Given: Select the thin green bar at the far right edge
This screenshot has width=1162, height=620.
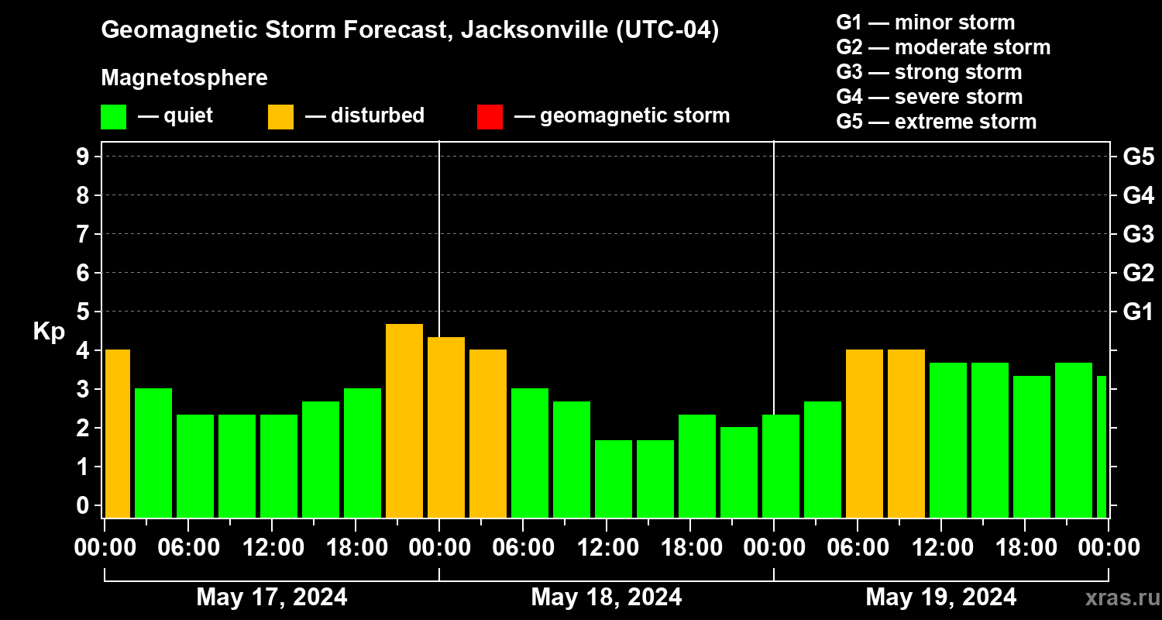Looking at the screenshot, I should coord(1101,446).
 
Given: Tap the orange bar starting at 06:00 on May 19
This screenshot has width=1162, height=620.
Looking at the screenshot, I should coord(865,433).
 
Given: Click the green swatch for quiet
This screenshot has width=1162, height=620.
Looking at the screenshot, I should coord(113,117).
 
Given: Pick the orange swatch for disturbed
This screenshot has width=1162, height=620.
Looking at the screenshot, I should coord(280,117).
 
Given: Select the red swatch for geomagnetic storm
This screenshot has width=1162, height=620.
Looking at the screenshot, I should coord(490,117).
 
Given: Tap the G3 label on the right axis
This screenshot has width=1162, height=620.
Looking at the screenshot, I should coord(1138,234).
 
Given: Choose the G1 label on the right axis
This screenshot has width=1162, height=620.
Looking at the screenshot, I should coord(1138,312).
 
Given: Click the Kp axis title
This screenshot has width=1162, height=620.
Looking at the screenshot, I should coord(49,331).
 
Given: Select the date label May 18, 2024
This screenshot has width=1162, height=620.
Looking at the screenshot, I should coord(607,598).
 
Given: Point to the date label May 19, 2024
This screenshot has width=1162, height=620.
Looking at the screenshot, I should coord(941,598).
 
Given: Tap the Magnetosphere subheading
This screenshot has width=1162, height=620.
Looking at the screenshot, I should coord(184,78).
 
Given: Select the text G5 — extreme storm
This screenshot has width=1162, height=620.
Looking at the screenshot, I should coord(936,122).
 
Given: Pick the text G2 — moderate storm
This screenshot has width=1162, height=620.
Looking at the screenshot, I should coord(943,47).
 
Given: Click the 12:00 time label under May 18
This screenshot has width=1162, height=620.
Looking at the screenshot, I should coord(607,548).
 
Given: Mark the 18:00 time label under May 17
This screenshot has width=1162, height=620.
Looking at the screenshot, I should coord(356,548).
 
